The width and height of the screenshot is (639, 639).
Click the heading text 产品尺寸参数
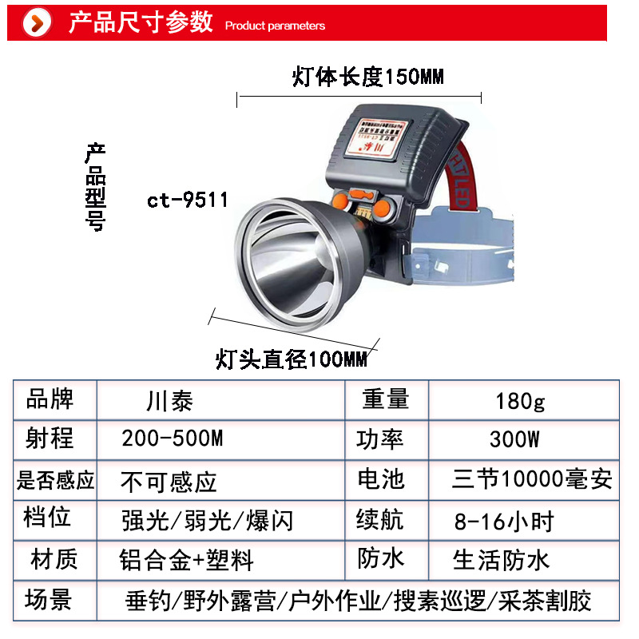tap(140, 22)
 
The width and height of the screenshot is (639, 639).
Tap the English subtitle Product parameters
tap(275, 26)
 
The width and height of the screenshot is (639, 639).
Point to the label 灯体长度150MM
tap(367, 77)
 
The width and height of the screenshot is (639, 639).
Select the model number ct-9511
tap(187, 200)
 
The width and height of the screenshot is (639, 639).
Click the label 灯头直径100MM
tap(292, 359)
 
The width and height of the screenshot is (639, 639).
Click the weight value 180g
tap(520, 400)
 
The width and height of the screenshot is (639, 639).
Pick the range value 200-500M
tap(172, 439)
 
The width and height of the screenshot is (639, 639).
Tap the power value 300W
tap(514, 439)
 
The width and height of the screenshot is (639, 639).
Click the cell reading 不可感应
tap(169, 482)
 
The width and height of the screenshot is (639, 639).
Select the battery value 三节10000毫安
tap(532, 479)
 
